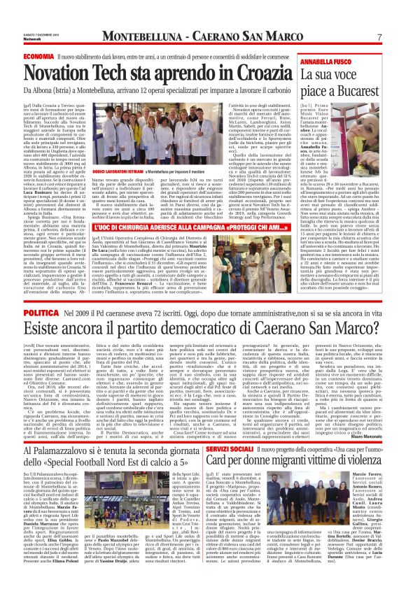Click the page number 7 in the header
click(379, 36)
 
